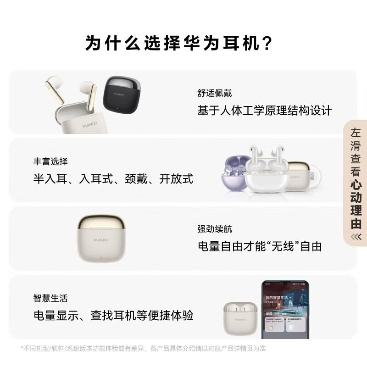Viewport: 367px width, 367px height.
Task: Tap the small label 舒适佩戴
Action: point(215,93)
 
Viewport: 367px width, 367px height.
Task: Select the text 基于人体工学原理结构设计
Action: point(264,111)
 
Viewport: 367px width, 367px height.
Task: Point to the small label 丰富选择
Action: point(50,161)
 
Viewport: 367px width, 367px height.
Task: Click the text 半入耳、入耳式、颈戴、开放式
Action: point(113,179)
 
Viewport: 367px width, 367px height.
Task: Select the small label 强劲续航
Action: point(215,229)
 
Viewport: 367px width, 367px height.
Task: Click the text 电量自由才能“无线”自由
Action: point(260,246)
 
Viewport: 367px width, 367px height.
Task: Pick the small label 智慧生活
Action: point(50,298)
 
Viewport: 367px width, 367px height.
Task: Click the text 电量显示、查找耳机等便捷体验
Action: point(113,316)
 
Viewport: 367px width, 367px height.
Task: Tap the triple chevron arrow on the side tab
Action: point(356,237)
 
